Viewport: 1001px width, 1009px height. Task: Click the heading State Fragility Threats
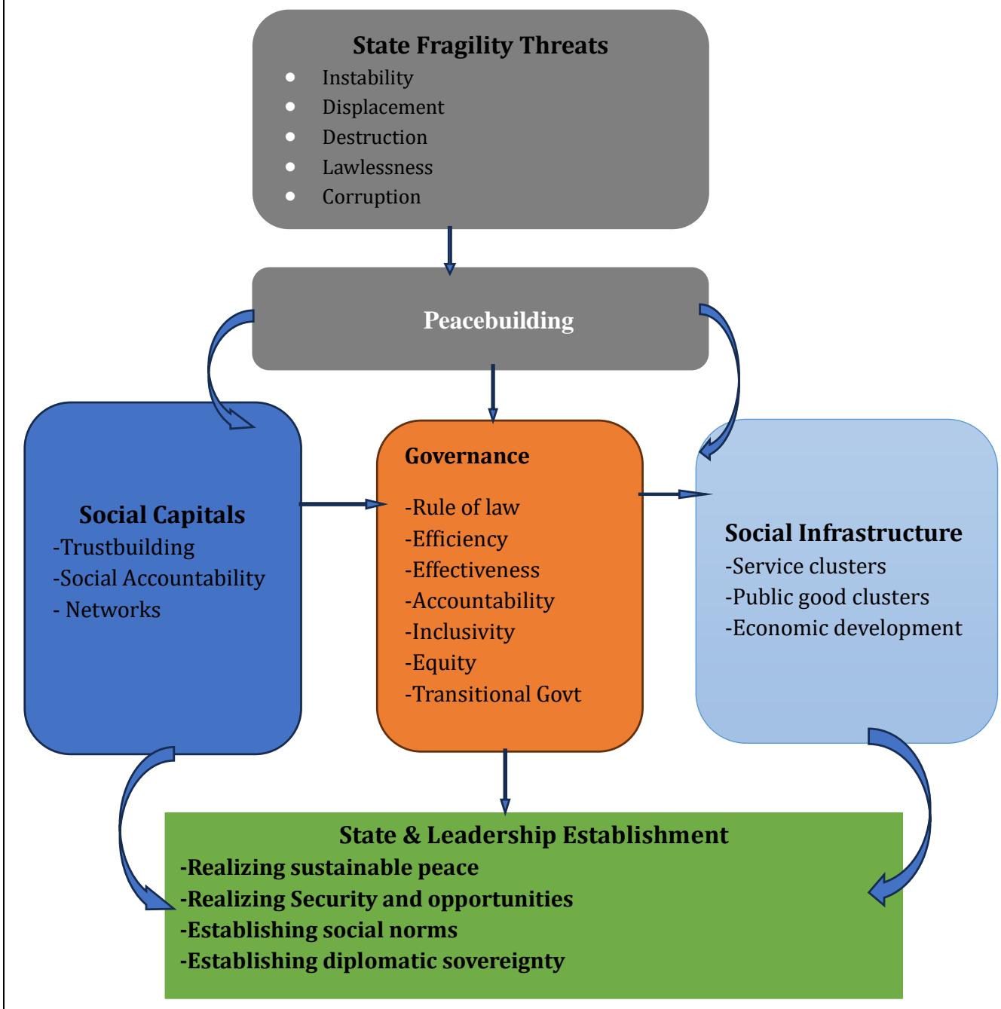[480, 45]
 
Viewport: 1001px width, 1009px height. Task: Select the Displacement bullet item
[383, 107]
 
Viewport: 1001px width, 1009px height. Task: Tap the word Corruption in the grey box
[371, 197]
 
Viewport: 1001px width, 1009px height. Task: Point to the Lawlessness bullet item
[377, 167]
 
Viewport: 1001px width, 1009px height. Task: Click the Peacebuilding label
[498, 320]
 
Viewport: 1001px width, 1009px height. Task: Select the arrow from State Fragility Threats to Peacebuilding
[450, 249]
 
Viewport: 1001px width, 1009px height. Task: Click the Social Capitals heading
[162, 515]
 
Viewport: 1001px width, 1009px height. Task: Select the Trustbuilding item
[124, 546]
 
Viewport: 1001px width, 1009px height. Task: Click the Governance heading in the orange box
[467, 456]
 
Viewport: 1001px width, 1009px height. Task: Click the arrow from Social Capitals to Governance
[338, 503]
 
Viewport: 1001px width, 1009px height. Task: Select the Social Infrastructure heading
[843, 533]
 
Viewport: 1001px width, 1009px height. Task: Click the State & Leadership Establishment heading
[534, 835]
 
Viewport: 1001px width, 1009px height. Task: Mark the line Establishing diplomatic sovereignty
[372, 961]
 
